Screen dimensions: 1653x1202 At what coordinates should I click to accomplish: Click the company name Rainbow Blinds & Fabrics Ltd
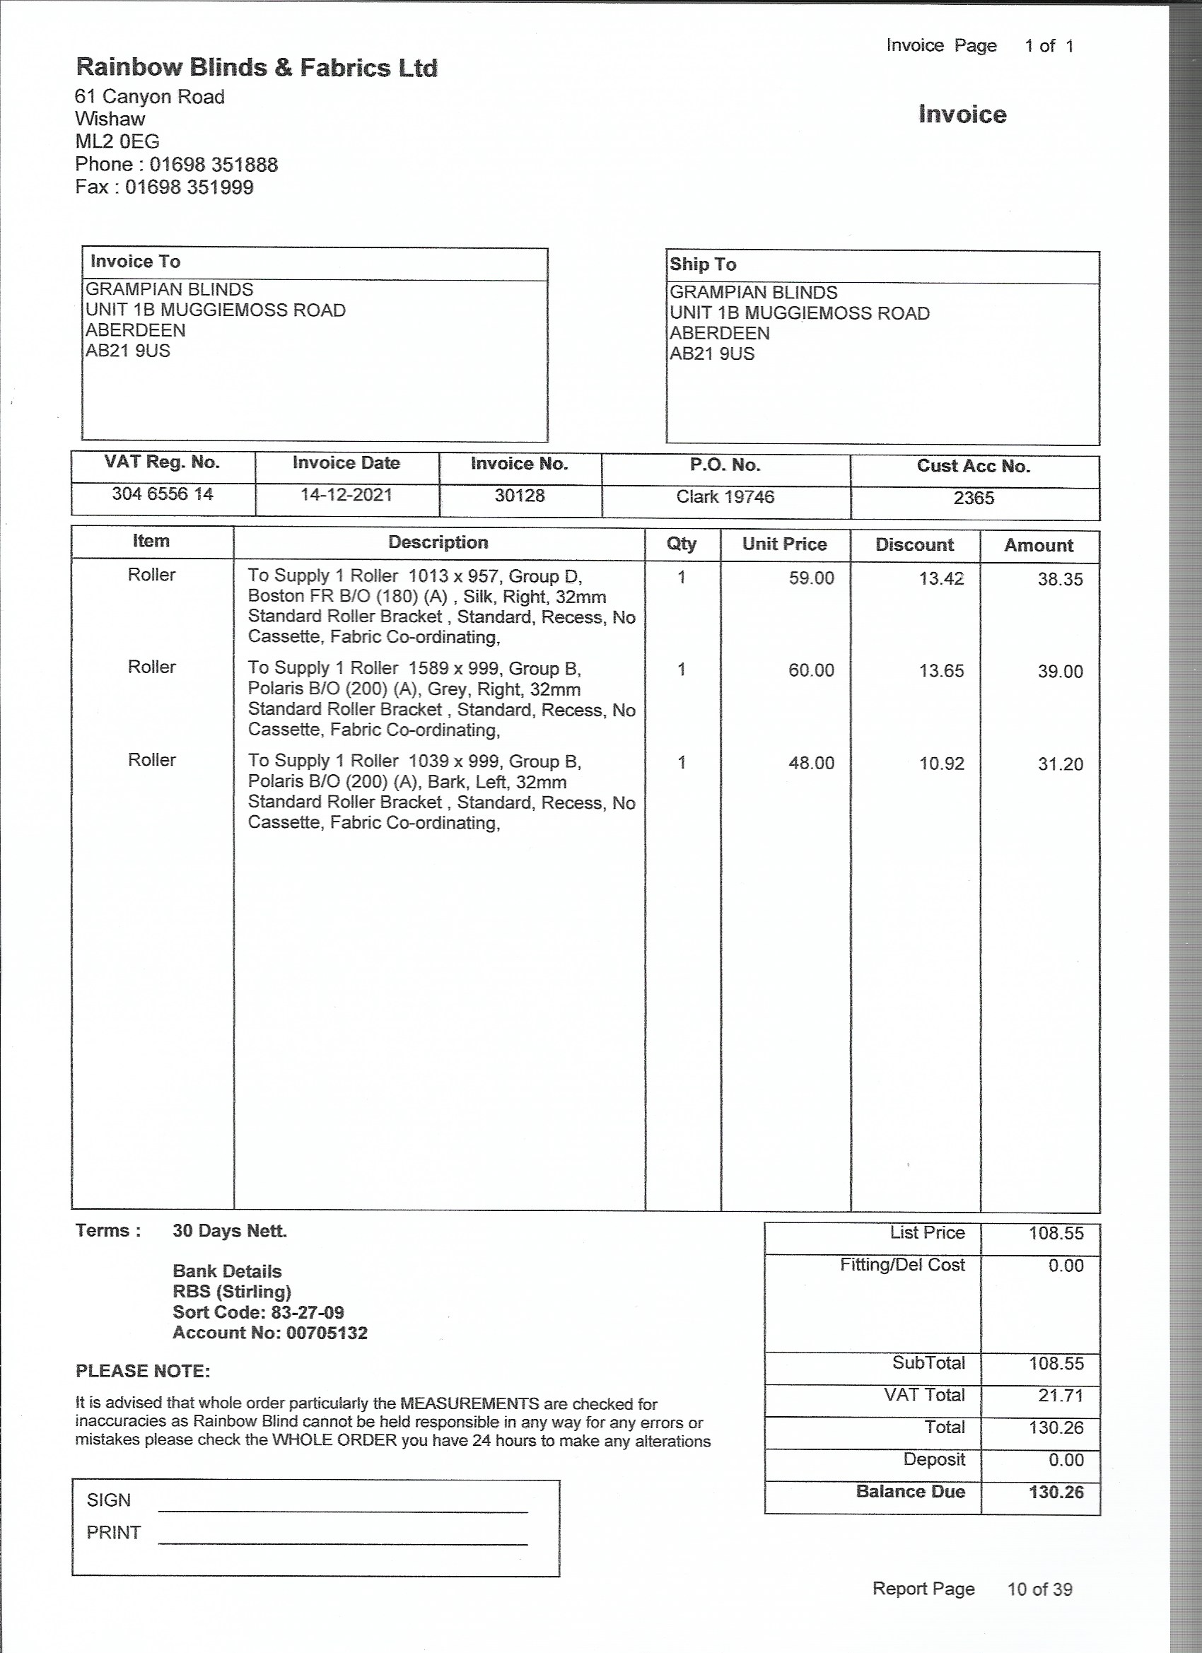[x=257, y=68]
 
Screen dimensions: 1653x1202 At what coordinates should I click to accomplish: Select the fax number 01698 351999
[x=189, y=187]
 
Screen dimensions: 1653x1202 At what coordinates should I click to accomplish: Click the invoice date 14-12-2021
[x=346, y=495]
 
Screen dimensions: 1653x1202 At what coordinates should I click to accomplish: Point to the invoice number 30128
[x=520, y=496]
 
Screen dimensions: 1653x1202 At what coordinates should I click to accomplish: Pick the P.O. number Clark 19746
[x=725, y=496]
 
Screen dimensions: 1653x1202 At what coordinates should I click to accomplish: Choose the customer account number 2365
[x=973, y=498]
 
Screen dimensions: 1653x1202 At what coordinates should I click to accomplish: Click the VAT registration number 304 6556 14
[x=163, y=494]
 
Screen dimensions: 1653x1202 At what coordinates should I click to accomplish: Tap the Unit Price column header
[x=784, y=544]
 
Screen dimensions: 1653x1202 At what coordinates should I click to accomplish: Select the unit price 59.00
[x=810, y=578]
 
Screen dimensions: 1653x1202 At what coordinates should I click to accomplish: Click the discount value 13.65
[x=941, y=670]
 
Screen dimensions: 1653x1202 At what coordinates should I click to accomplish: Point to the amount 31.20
[x=1060, y=764]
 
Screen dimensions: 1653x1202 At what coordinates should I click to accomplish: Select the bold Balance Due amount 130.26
[x=1056, y=1492]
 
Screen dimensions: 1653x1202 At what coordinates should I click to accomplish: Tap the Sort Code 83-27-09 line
[x=258, y=1313]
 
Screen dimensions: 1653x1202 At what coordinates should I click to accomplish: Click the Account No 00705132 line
[x=269, y=1333]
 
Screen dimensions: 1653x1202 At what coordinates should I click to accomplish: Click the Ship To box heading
[x=703, y=264]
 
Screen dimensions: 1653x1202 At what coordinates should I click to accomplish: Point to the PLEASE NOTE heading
[x=143, y=1371]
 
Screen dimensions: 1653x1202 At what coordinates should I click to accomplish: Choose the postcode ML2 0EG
[x=117, y=141]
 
